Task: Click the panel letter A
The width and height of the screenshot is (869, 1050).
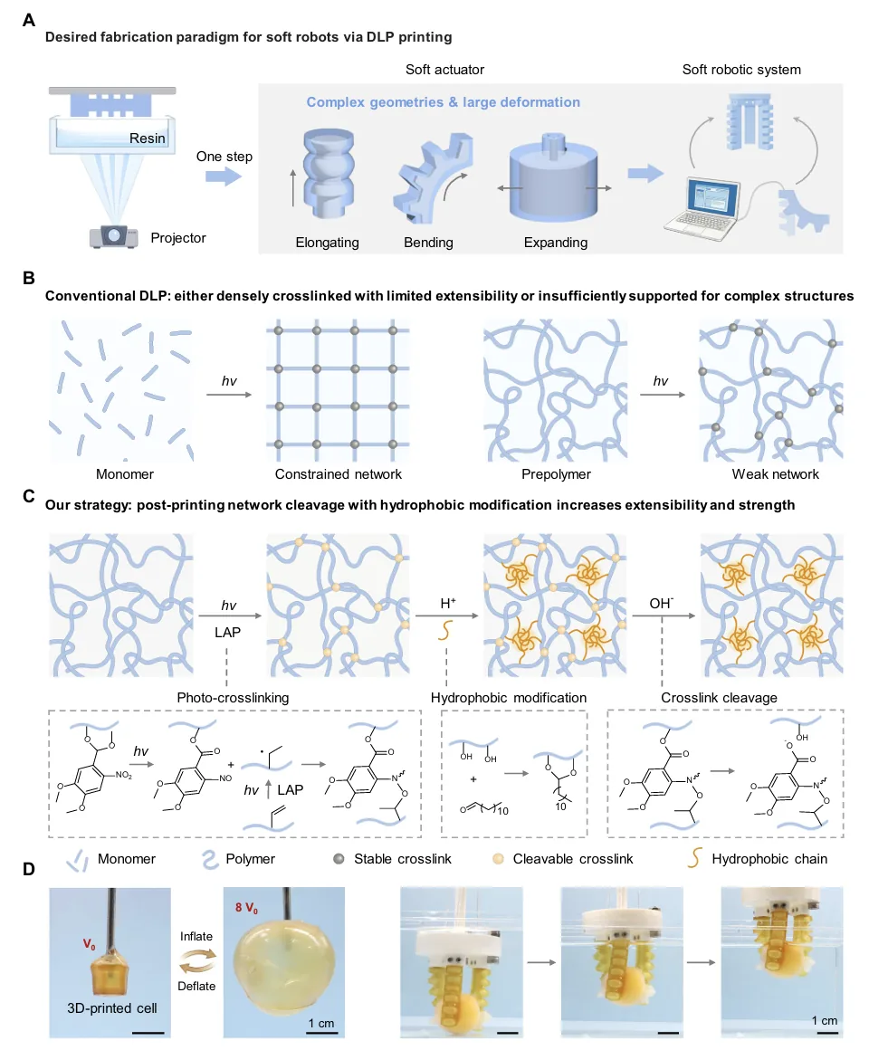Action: coord(29,19)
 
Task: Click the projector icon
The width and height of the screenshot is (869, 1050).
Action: coord(114,236)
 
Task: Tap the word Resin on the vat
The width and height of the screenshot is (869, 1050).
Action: coord(148,138)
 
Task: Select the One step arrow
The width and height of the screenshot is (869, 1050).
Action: coord(223,177)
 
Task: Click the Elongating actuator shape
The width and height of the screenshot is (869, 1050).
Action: coord(328,174)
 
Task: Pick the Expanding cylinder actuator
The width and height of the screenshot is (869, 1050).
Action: coord(553,178)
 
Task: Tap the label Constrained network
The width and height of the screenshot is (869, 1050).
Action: coord(338,474)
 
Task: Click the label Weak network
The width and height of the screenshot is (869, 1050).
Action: coord(775,474)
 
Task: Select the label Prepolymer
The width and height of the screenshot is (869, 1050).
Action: coord(556,474)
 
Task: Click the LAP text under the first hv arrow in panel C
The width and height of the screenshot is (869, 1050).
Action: coord(227,632)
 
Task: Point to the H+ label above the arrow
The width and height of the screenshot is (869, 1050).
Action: coord(448,604)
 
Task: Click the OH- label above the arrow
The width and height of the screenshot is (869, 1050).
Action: coord(661,604)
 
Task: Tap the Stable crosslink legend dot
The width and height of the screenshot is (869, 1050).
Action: coord(339,858)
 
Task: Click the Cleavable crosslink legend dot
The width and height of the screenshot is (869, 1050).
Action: coord(498,858)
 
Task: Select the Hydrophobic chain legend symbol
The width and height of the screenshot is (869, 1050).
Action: coord(695,858)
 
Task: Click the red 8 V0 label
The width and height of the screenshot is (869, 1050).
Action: coord(246,908)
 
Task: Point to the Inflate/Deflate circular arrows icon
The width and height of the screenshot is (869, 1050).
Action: coord(196,961)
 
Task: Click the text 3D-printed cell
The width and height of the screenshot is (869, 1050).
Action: coord(112,1007)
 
